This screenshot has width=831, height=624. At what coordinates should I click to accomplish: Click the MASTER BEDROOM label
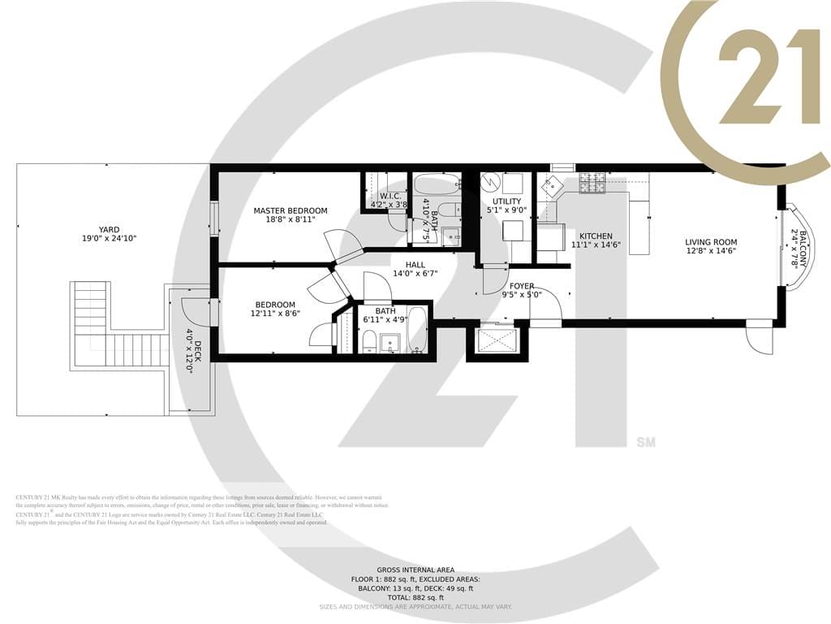click(x=291, y=211)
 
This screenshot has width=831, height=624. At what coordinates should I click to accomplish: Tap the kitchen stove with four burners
click(x=592, y=184)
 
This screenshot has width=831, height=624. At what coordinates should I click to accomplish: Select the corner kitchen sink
click(x=556, y=185)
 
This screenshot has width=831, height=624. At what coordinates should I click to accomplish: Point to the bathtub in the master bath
click(x=437, y=184)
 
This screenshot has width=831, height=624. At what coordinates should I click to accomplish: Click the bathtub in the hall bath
click(x=418, y=331)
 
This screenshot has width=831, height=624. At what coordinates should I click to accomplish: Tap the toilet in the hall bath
click(x=369, y=341)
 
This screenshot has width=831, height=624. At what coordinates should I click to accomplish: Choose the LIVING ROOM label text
click(x=711, y=242)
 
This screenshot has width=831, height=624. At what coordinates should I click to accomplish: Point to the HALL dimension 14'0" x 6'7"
click(x=415, y=274)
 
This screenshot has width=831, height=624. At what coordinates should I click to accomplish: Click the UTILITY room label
click(x=507, y=201)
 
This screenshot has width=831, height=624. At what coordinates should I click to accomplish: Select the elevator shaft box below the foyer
click(x=497, y=340)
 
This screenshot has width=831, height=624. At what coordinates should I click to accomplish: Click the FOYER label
click(x=522, y=286)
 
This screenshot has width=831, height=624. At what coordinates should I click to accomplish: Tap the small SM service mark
click(x=646, y=443)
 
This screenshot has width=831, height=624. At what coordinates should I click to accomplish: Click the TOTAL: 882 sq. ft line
click(x=415, y=597)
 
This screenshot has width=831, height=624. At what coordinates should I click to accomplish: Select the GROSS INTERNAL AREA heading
click(x=415, y=570)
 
